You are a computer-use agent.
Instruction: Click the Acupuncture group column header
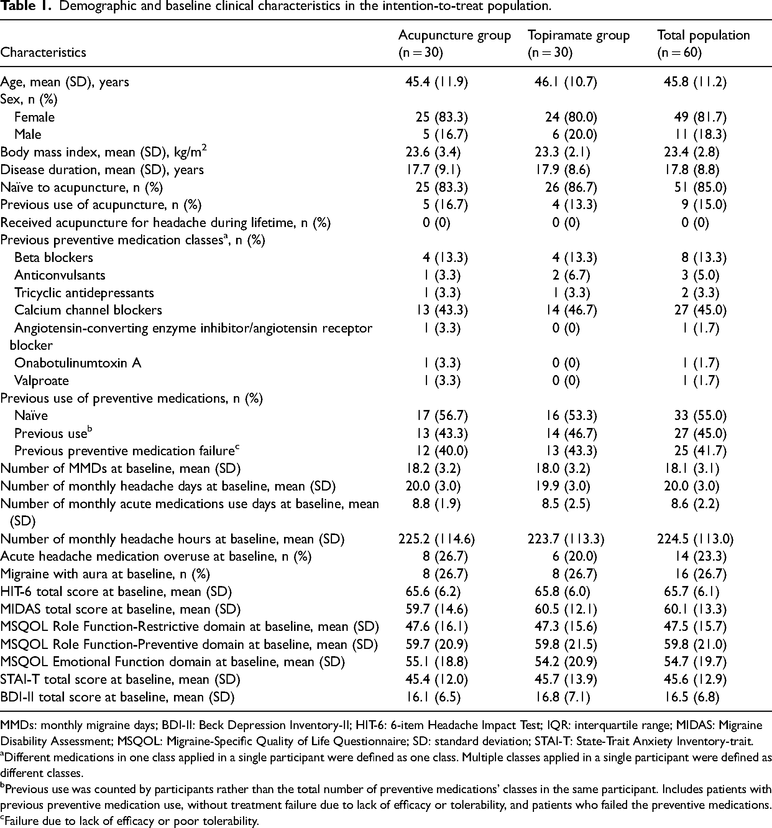coord(454,43)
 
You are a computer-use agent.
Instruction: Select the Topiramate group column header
coord(578,43)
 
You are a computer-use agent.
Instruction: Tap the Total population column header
coord(703,43)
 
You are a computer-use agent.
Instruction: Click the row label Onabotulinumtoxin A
coord(78,363)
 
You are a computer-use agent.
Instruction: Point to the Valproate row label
coord(42,381)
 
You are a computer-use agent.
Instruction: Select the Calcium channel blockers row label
coord(88,310)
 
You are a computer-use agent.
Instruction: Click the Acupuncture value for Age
coord(436,82)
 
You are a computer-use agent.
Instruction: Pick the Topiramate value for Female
coord(571,117)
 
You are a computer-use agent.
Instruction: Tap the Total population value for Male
coord(700,135)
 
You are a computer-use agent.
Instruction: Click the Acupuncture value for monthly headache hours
coord(436,539)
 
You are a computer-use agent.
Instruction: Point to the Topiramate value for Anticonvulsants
coord(571,275)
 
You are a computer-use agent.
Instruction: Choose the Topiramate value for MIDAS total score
coord(566,609)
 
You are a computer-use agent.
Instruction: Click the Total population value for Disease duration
coord(692,170)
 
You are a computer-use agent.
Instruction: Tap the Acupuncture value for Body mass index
coord(433,152)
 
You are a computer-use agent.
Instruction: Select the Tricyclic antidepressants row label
coord(84,293)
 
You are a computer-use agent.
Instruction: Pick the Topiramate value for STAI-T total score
coord(566,680)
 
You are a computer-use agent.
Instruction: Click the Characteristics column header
coord(43,53)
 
